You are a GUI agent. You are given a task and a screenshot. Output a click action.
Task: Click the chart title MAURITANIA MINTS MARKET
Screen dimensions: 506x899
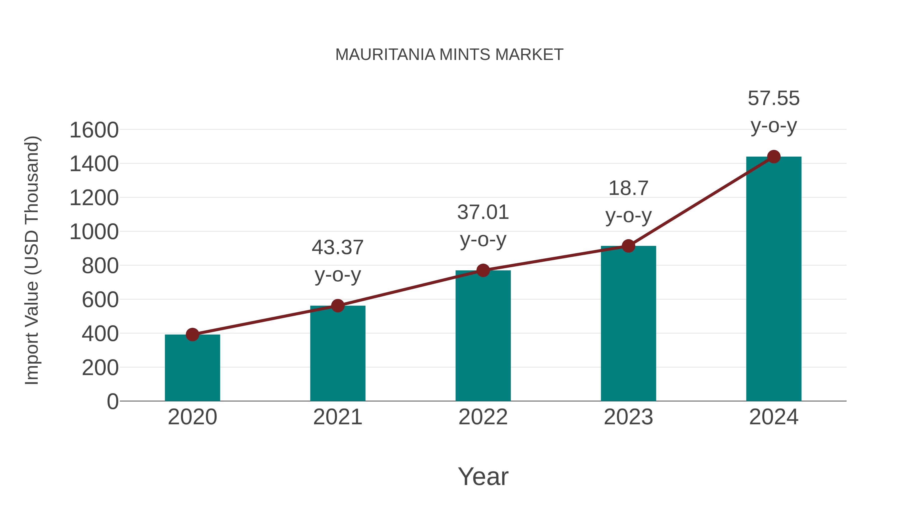tap(449, 55)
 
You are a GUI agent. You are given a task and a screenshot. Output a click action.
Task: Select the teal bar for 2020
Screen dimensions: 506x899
tap(192, 368)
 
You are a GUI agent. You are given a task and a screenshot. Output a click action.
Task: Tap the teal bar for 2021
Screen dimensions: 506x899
tap(337, 353)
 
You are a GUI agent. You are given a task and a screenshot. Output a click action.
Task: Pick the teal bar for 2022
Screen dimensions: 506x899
tap(483, 336)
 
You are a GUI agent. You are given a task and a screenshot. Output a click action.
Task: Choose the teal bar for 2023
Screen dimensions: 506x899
tap(628, 323)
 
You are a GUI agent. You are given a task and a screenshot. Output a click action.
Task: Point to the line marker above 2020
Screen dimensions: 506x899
tap(192, 335)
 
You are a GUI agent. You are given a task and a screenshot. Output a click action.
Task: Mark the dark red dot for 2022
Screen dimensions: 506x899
tap(483, 270)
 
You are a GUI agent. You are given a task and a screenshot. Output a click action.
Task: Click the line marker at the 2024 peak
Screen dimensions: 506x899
tap(774, 157)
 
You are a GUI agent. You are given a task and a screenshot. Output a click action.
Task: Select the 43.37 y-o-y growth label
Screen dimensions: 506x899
tap(337, 261)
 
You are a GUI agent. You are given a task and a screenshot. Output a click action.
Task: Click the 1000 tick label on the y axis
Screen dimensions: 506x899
tap(94, 232)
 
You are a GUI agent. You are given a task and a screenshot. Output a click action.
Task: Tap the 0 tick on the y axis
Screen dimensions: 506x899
tap(112, 402)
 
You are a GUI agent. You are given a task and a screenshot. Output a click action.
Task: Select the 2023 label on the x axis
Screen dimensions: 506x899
tap(628, 417)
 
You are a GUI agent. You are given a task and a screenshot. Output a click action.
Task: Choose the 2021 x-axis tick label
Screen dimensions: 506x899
tap(337, 417)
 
